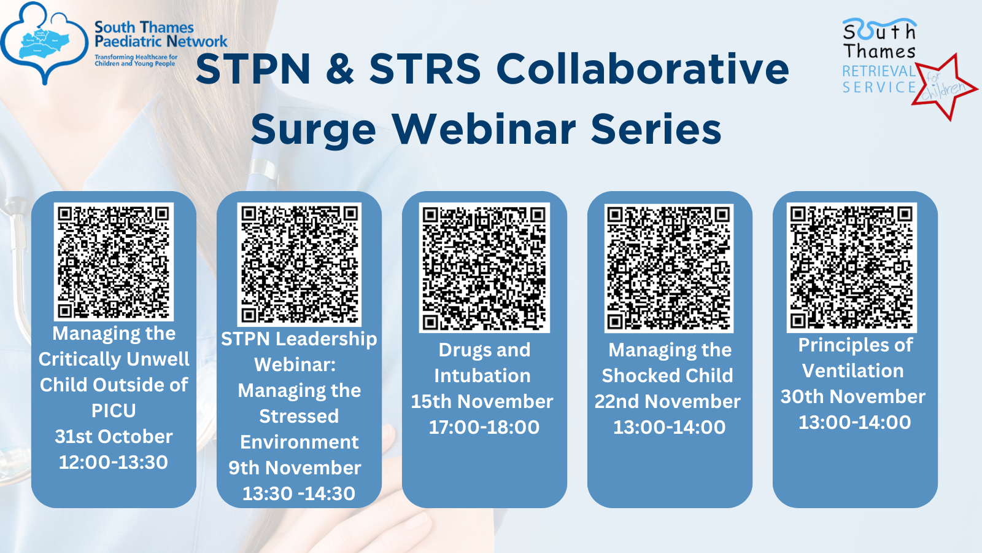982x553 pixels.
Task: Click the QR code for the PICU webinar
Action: pos(114,261)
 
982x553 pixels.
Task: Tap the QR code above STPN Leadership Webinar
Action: pos(299,264)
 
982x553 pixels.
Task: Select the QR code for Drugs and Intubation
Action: pos(484,267)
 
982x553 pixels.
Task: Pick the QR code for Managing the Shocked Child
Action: pos(669,267)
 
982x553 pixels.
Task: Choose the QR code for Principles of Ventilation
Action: pos(852,267)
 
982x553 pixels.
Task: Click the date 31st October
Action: pos(114,436)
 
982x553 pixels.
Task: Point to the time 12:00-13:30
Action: pos(114,462)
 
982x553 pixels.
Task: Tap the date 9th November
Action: pos(295,468)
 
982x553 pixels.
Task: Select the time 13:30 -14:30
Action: pos(299,493)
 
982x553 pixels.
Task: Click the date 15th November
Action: pos(482,401)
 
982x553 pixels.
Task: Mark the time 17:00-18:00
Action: pos(484,427)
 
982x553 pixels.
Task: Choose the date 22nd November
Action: pos(668,401)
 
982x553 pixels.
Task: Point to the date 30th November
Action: pos(853,396)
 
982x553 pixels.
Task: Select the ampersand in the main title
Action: pos(340,69)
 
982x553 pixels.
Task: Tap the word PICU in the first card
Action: pos(114,410)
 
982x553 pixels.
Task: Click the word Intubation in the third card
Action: pos(482,375)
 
